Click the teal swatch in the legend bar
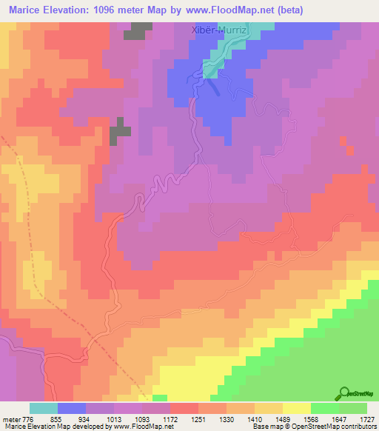[44, 408]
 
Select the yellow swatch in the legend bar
[296, 408]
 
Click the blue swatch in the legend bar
[72, 408]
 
